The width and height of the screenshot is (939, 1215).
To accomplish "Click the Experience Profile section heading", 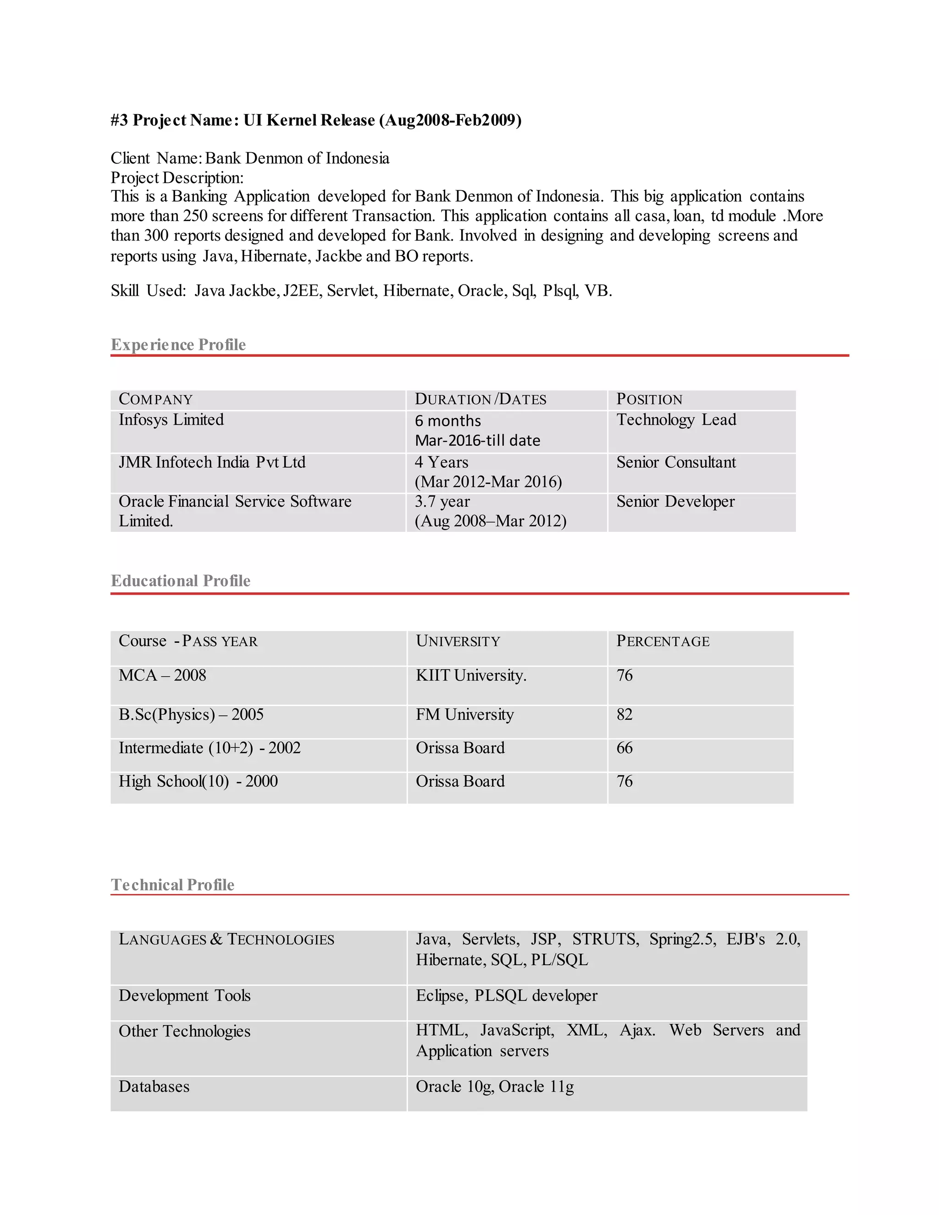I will (x=178, y=345).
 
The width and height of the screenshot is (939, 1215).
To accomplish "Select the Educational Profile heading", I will (x=180, y=581).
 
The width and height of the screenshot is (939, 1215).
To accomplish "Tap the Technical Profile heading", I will (x=172, y=884).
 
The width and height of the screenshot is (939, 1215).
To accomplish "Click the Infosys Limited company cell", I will (x=171, y=420).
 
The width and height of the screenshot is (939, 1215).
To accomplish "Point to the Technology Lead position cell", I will (x=676, y=420).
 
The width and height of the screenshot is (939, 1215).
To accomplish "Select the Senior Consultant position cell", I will (x=676, y=462).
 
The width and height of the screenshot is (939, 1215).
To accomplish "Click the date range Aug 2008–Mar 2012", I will (x=490, y=521).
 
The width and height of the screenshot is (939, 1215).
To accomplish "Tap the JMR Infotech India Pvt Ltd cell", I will (x=212, y=462).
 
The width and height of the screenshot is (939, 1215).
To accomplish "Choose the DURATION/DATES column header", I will (x=481, y=399).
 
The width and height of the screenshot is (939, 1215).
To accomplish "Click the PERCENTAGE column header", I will (x=663, y=641).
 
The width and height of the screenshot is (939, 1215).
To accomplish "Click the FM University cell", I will (x=464, y=714).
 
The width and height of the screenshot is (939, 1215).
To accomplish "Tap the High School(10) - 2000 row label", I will (x=198, y=782).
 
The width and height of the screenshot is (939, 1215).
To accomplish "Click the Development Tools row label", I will (x=185, y=995).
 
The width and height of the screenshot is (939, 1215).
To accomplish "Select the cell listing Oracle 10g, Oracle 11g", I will (x=495, y=1087).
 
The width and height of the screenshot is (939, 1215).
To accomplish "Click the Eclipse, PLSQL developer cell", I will (x=506, y=995).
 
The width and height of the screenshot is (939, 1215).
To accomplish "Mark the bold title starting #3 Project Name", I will (x=316, y=120).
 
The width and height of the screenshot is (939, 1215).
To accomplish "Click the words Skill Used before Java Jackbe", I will (x=148, y=291).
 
